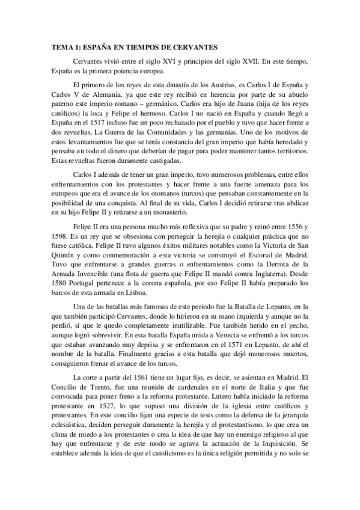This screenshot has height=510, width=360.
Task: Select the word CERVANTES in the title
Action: pyautogui.click(x=194, y=46)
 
